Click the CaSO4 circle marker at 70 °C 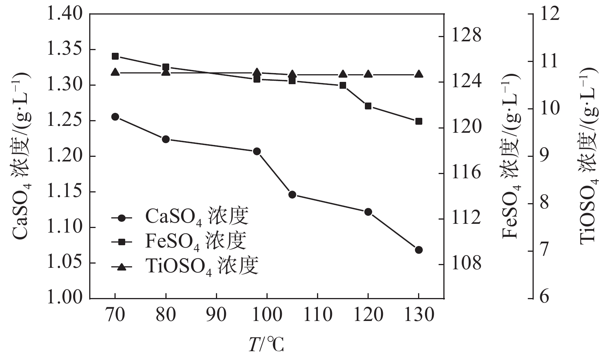point(115,117)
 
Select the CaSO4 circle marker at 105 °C point(293,195)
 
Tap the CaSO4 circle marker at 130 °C point(418,250)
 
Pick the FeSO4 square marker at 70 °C point(115,56)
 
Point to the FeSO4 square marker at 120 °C point(368,106)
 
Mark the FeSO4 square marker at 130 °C point(418,121)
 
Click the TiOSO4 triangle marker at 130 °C point(418,74)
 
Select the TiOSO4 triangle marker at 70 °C point(115,72)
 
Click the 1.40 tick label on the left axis point(64,14)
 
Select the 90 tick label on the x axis point(216,315)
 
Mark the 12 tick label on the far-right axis point(548,14)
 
